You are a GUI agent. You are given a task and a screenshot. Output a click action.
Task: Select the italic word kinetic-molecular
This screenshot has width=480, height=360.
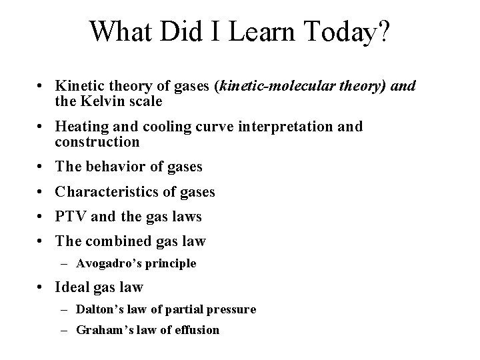[277, 85]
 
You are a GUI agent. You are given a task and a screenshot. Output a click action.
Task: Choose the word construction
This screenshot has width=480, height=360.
[98, 141]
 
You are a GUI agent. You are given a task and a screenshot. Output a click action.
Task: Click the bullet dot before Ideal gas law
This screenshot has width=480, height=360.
[42, 288]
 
